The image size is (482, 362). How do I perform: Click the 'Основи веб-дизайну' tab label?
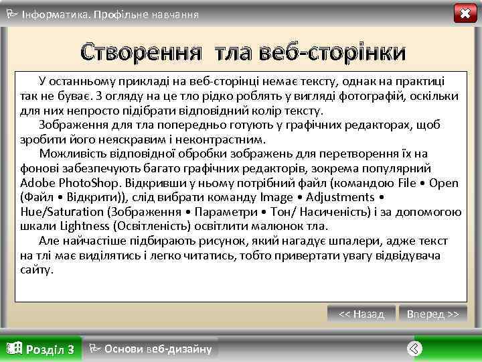158,349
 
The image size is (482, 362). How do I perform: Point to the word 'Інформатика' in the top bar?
53,13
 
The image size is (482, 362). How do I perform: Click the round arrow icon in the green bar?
415,349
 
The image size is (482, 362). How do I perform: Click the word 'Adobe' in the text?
37,182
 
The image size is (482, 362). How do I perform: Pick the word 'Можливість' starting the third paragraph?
69,154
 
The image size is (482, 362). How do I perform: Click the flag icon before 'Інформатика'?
11,13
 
